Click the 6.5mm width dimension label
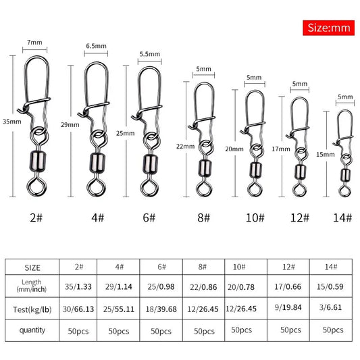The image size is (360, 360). [x=97, y=47]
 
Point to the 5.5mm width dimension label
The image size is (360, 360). [x=149, y=53]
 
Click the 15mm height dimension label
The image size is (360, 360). [x=324, y=154]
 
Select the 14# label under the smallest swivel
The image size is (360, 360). [x=342, y=218]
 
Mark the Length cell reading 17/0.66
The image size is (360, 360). [x=287, y=286]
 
